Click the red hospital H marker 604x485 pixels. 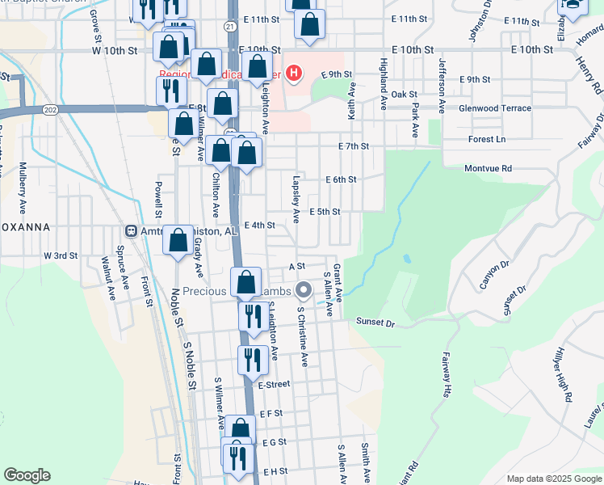pyautogui.click(x=294, y=74)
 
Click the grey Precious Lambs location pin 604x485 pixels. pyautogui.click(x=304, y=289)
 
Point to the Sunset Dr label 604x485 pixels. pyautogui.click(x=376, y=323)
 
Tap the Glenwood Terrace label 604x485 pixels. pyautogui.click(x=495, y=108)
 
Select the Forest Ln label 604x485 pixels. pyautogui.click(x=486, y=139)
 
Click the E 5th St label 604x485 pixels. pyautogui.click(x=325, y=212)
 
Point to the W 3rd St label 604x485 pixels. pyautogui.click(x=60, y=255)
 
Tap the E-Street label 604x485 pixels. pyautogui.click(x=274, y=385)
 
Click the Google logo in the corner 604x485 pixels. pyautogui.click(x=27, y=475)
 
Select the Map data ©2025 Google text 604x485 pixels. pyautogui.click(x=553, y=479)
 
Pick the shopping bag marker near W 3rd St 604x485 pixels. pyautogui.click(x=178, y=242)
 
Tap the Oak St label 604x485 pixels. pyautogui.click(x=402, y=95)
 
